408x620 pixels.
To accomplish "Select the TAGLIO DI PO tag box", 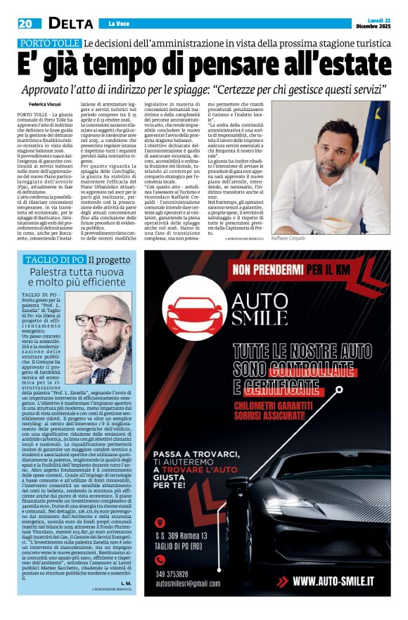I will pos(55,259).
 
